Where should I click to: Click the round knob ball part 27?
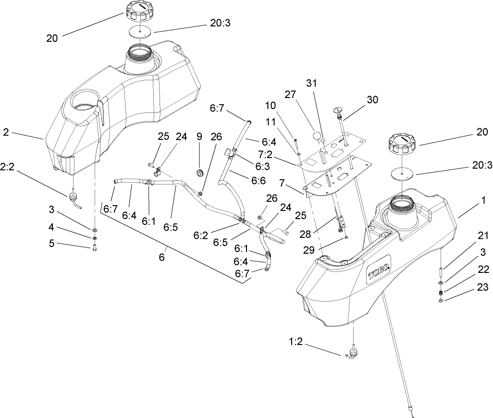tap(315, 135)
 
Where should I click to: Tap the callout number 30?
tap(372, 100)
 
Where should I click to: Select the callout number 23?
tap(482, 288)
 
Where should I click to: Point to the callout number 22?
tap(482, 270)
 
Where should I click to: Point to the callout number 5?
tap(51, 243)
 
